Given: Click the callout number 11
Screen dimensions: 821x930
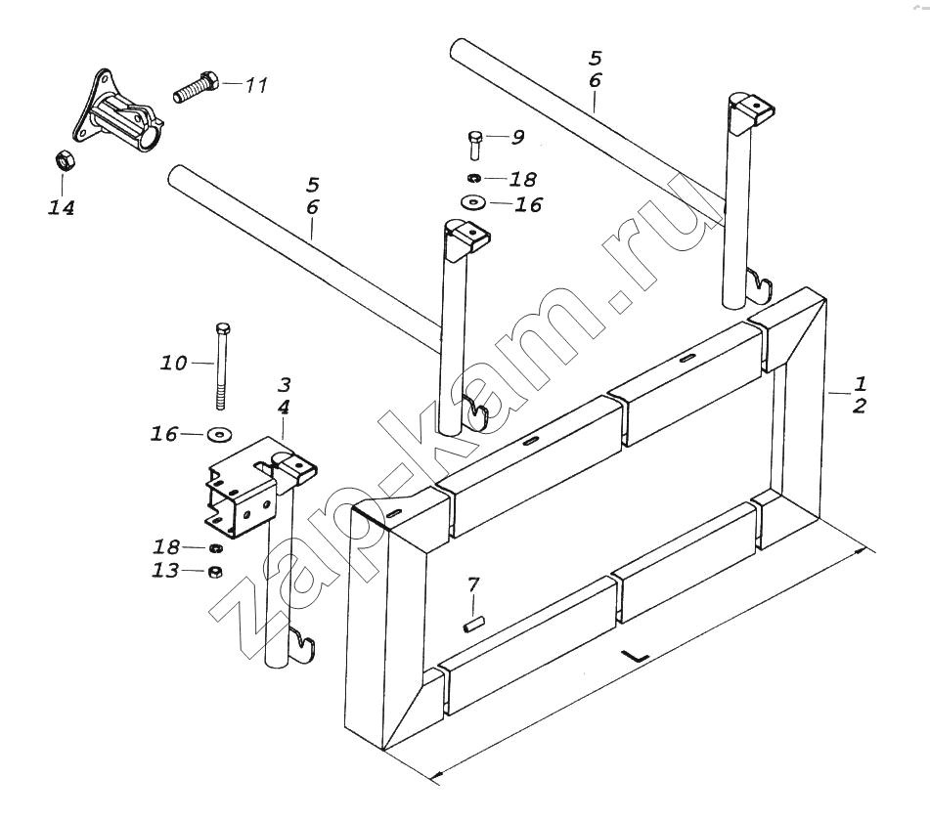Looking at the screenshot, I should (x=254, y=86).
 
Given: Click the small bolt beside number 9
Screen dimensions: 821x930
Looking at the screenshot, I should (x=474, y=144).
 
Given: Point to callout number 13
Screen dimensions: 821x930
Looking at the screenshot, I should (x=165, y=571).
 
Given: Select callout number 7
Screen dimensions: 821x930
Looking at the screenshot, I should (x=473, y=584).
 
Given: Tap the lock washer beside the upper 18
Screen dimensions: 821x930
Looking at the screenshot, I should (x=474, y=178).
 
